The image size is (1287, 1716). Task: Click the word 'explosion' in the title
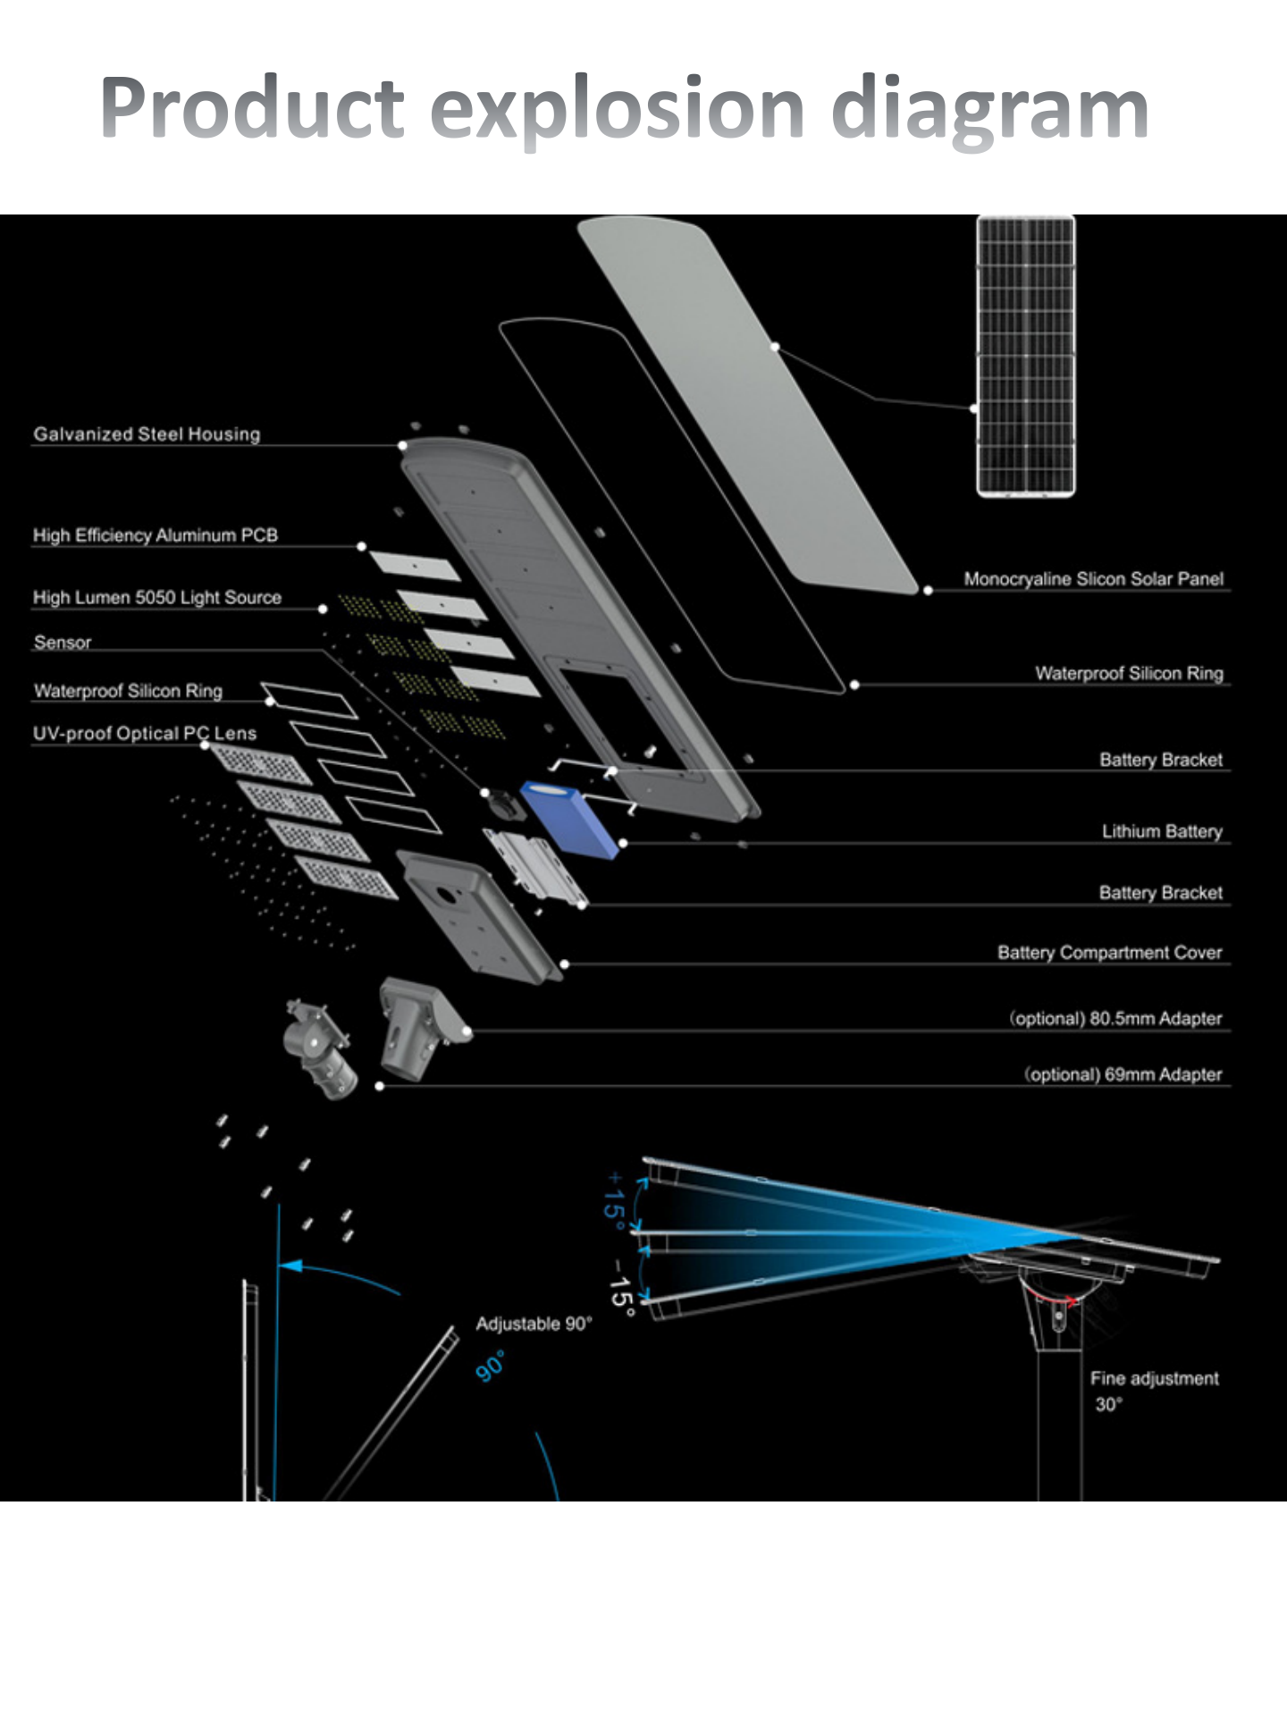coord(618,110)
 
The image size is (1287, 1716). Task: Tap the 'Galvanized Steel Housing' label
coord(147,434)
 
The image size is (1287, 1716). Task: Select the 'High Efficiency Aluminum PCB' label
coord(156,535)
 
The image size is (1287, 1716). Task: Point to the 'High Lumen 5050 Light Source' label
coord(157,597)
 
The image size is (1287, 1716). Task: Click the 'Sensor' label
coord(63,642)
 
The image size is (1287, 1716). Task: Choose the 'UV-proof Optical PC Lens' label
coord(145,734)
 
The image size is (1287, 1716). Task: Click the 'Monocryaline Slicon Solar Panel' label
coord(1093,578)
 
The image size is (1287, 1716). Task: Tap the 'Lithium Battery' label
coord(1161,831)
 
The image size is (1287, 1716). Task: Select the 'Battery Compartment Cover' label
coord(1109,953)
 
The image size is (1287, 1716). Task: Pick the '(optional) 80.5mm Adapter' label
coord(1115,1018)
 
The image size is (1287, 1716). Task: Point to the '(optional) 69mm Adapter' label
coord(1123,1074)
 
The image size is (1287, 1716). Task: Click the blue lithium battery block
coord(569,818)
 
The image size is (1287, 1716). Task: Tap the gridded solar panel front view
coord(1025,356)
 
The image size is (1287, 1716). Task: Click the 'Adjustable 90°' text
coord(534,1324)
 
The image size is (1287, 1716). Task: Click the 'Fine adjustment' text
coord(1154,1378)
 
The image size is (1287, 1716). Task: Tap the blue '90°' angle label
coord(490,1367)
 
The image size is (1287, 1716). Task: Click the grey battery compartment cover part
coord(478,916)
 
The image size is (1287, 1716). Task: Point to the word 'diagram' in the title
coord(989,110)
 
